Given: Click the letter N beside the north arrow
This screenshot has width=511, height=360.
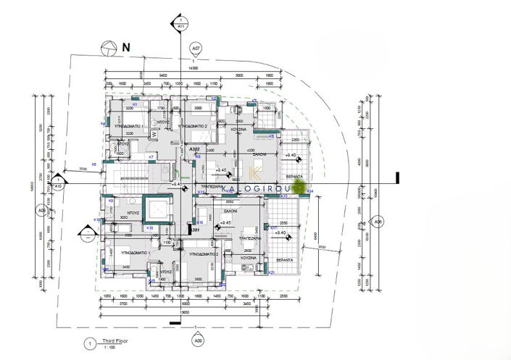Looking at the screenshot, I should [x=125, y=47].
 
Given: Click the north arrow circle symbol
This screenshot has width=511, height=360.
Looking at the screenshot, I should [x=107, y=49].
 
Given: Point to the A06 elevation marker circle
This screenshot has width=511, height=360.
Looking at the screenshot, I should [x=377, y=222].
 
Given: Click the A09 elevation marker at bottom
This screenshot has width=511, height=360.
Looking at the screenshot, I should [x=195, y=339].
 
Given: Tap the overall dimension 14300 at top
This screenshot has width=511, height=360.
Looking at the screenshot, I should [x=192, y=67].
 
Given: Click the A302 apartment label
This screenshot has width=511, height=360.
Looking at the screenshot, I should [x=194, y=148].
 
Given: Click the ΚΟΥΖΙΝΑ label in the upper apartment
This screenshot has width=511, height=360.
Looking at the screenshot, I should [x=239, y=128].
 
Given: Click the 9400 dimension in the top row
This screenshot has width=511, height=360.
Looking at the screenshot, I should [x=164, y=74].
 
